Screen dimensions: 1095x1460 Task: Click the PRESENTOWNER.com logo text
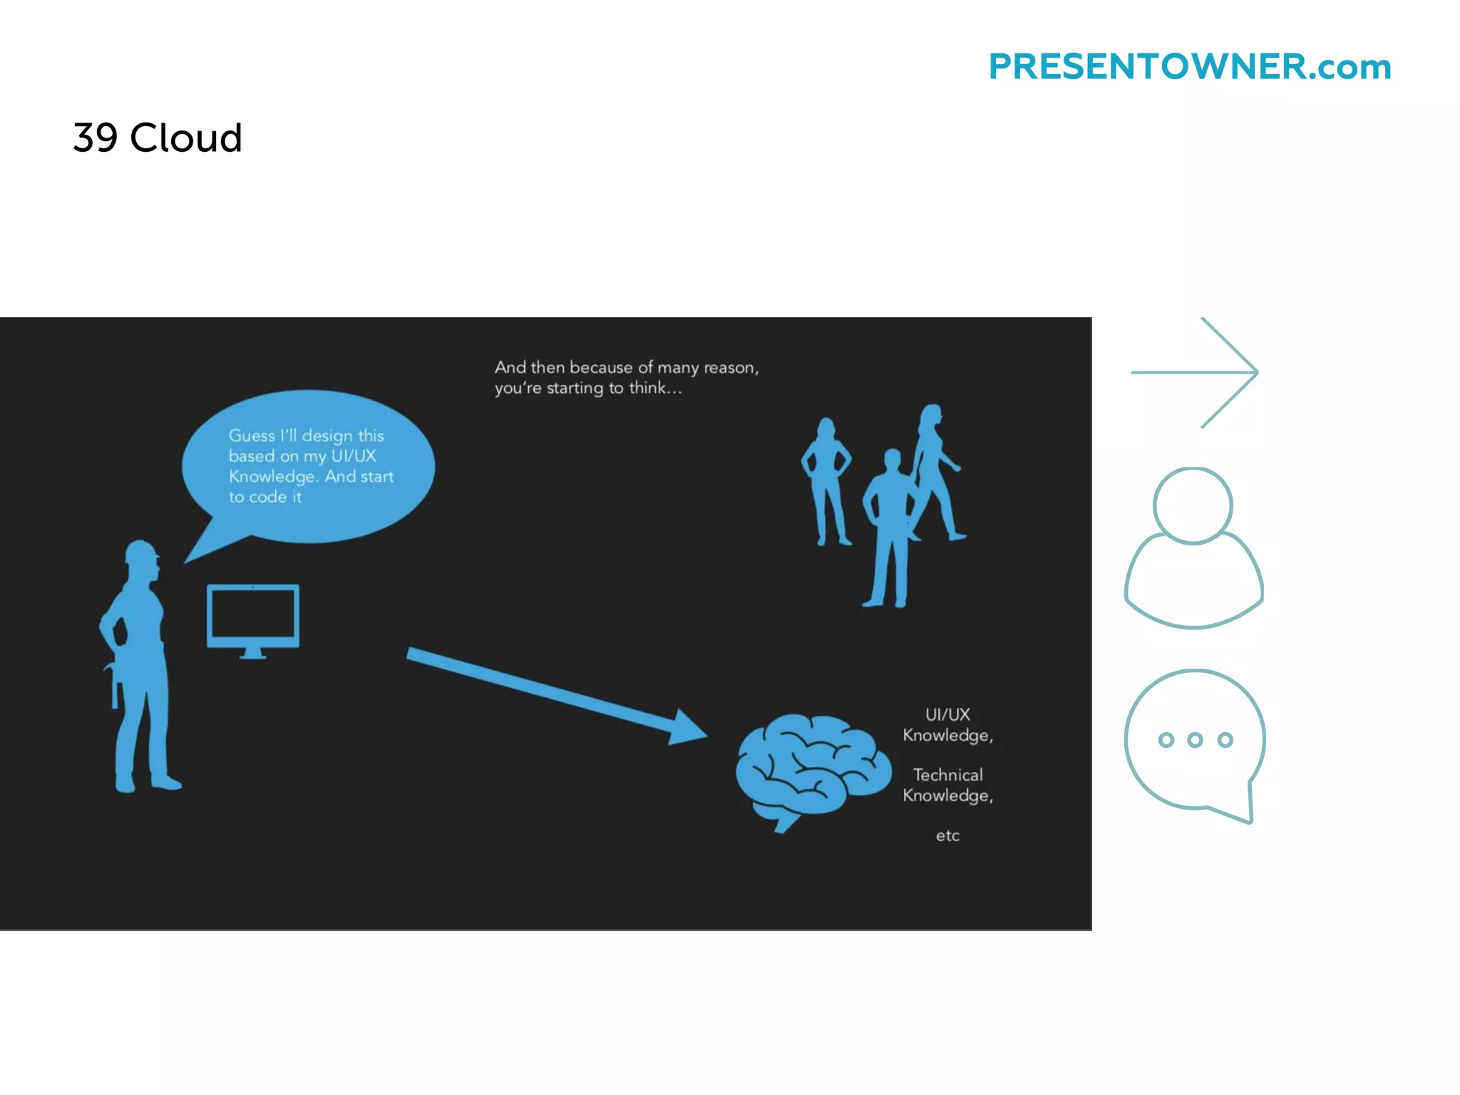[x=1189, y=67]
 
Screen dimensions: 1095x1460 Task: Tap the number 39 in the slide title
[x=95, y=138]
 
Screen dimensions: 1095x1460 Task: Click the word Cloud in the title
[x=186, y=138]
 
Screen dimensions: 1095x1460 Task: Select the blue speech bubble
[x=308, y=467]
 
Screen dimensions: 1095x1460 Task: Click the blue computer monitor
[x=253, y=616]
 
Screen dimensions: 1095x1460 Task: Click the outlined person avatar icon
[x=1193, y=547]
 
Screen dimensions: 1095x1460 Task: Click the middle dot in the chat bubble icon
[x=1196, y=740]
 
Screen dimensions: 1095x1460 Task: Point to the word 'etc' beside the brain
[x=947, y=836]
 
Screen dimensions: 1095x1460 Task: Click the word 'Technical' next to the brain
[x=947, y=775]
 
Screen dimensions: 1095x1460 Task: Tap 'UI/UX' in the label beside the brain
[x=947, y=714]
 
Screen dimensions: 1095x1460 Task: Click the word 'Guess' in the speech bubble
[x=252, y=436]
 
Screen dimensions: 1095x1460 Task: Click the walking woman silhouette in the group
[x=935, y=471]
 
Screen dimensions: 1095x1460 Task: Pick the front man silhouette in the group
[x=888, y=528]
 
